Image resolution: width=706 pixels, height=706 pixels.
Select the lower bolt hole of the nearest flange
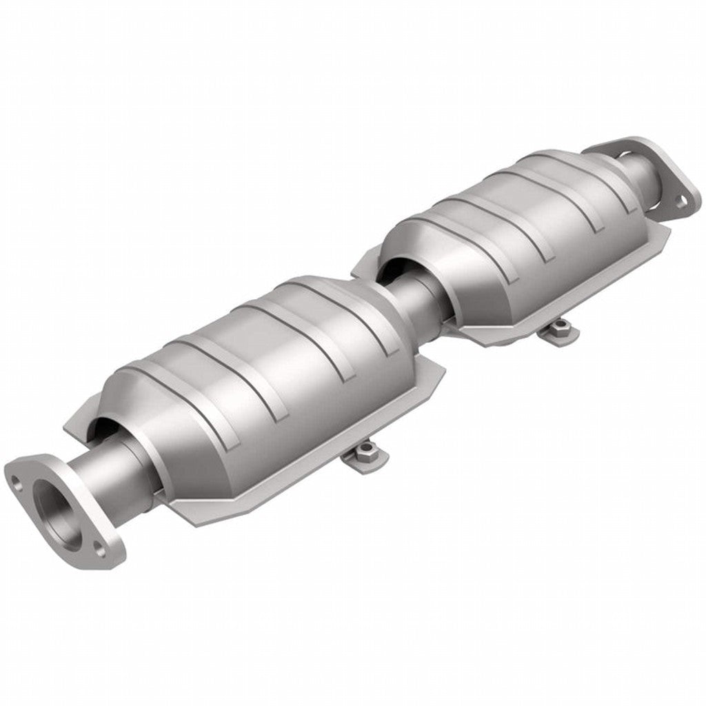[x=101, y=551]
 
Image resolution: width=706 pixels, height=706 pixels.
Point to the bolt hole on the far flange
[x=680, y=201]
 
